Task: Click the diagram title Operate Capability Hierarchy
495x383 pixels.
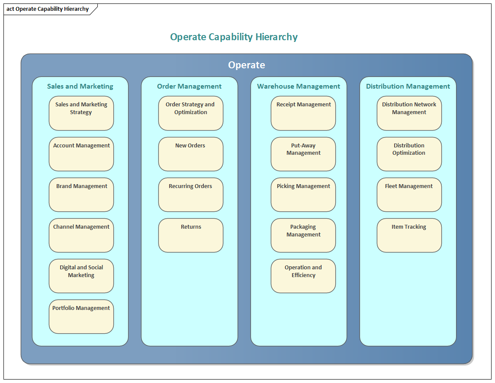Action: click(234, 37)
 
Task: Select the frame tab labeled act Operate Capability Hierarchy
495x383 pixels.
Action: click(48, 9)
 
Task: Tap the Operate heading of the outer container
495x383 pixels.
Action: click(247, 65)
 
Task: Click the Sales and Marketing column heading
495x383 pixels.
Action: click(80, 86)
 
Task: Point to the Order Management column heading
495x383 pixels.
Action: click(190, 86)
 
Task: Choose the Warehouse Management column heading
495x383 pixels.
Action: click(299, 86)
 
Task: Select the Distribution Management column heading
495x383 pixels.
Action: click(408, 86)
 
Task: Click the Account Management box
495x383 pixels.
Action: click(81, 154)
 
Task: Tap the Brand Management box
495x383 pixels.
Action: click(81, 195)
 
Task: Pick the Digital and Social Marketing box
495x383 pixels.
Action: click(81, 276)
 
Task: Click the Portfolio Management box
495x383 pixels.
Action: click(81, 316)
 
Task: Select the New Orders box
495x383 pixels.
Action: click(191, 154)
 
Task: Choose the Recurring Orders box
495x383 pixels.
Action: click(191, 195)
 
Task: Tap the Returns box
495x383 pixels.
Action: click(191, 235)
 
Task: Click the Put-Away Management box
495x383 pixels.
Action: click(303, 154)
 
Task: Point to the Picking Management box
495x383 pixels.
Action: click(303, 195)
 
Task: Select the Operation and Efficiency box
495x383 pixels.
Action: click(303, 276)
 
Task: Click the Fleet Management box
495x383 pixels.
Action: click(409, 195)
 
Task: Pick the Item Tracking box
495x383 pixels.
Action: click(409, 235)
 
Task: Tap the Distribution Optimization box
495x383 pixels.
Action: click(409, 154)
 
